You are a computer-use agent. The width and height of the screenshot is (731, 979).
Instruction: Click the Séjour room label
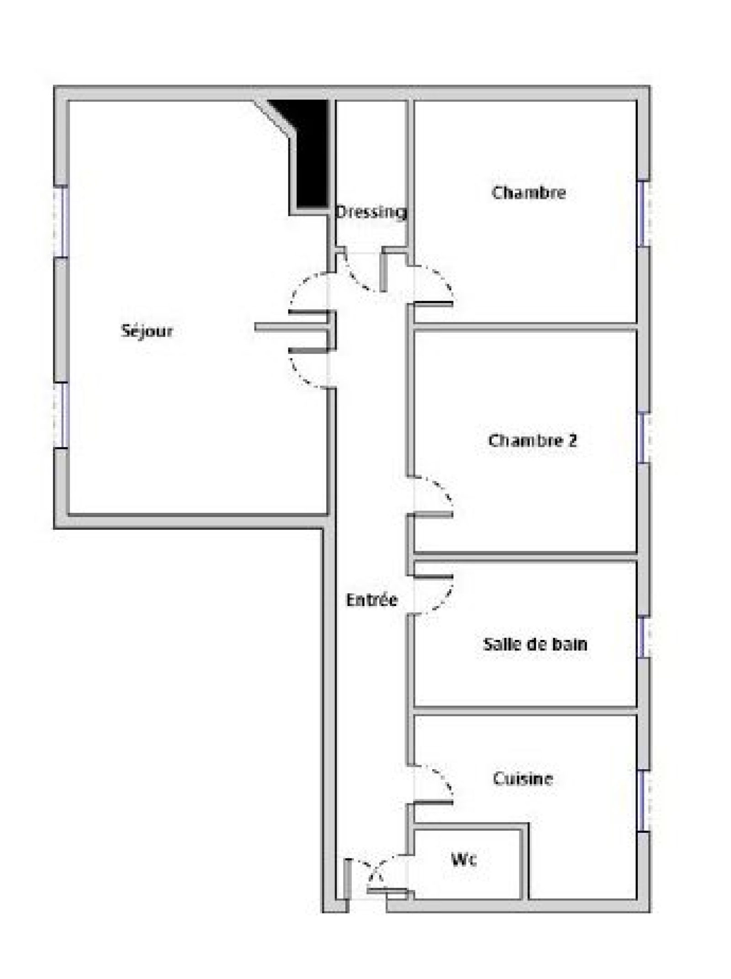pos(147,331)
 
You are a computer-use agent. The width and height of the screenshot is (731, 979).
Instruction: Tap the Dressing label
pos(371,212)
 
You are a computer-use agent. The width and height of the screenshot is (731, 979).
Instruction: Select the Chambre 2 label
pos(532,441)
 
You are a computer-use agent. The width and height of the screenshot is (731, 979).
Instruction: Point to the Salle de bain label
pos(535,644)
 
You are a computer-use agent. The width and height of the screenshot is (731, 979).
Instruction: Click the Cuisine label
pos(523,778)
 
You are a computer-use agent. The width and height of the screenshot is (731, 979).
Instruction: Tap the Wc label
pos(464,860)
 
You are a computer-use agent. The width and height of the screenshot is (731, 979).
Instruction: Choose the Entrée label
pos(372,600)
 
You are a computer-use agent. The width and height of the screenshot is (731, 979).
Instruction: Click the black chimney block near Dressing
pos(308,153)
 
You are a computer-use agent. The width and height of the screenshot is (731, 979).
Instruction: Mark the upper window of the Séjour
pos(61,222)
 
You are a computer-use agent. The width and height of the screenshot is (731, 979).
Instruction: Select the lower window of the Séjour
pos(61,415)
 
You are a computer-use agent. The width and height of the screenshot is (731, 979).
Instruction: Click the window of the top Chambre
pos(644,213)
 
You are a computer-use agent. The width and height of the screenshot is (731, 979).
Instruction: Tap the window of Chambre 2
pos(644,438)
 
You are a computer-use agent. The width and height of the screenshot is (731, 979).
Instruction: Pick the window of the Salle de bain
pos(644,638)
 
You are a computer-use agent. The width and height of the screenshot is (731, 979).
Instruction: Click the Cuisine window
pos(644,801)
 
